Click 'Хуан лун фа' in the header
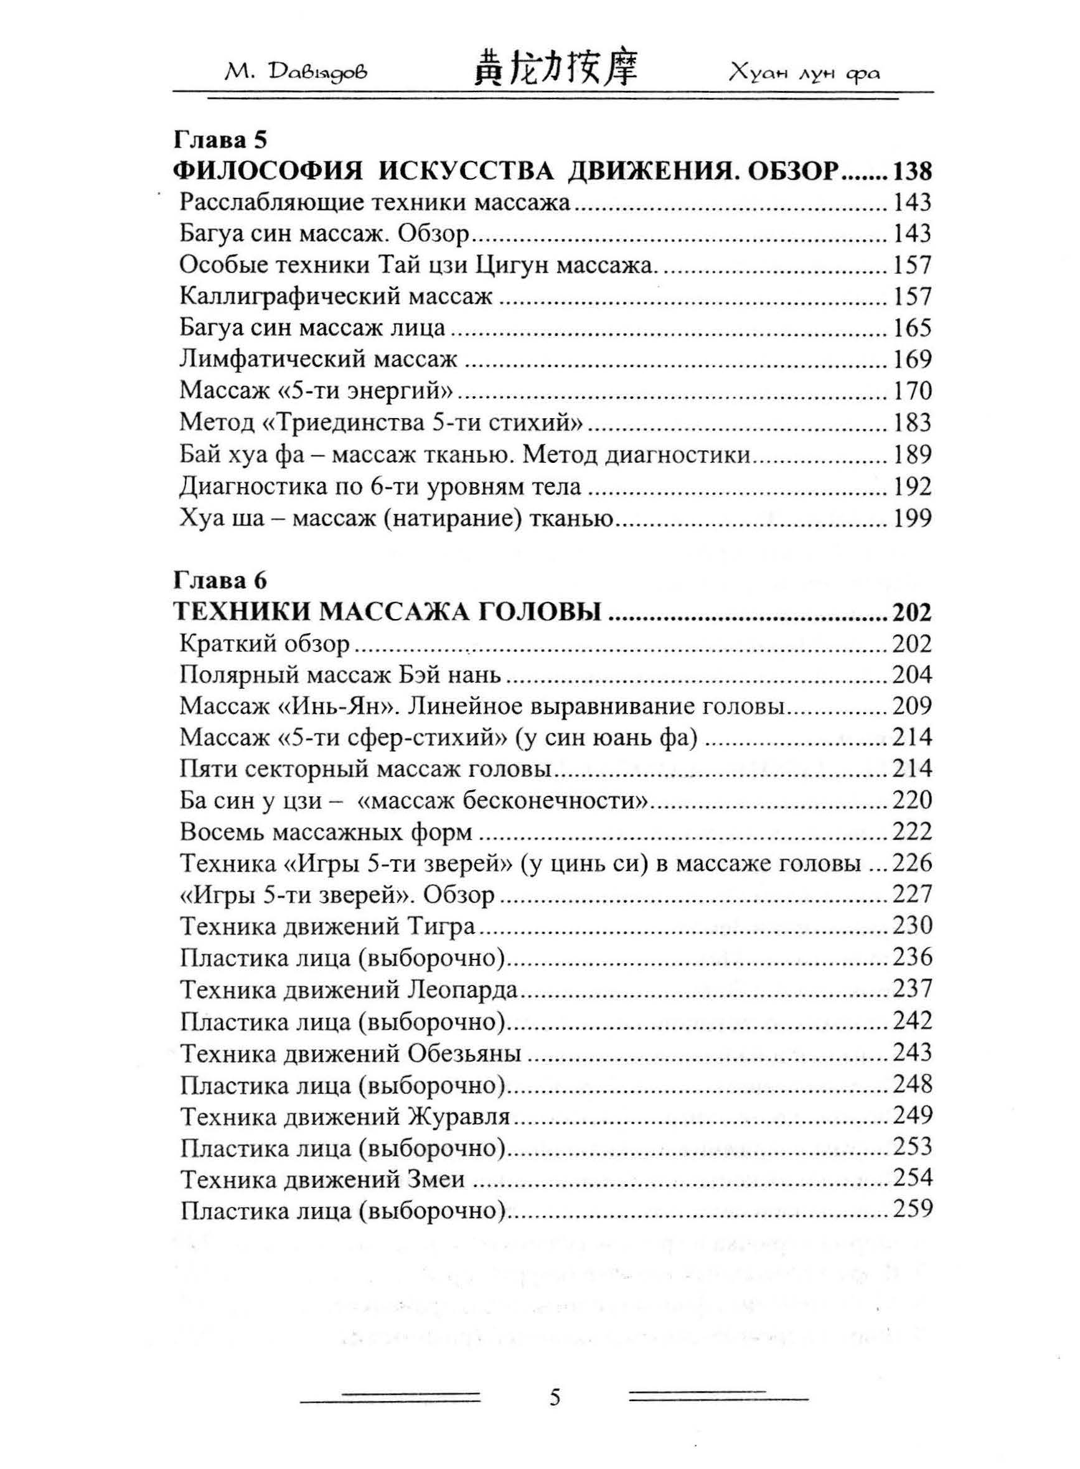coord(805,72)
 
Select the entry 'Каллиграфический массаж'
coord(336,297)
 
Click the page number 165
coord(912,327)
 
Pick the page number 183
coord(912,423)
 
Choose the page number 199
coord(912,519)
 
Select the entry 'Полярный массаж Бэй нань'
coord(340,674)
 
